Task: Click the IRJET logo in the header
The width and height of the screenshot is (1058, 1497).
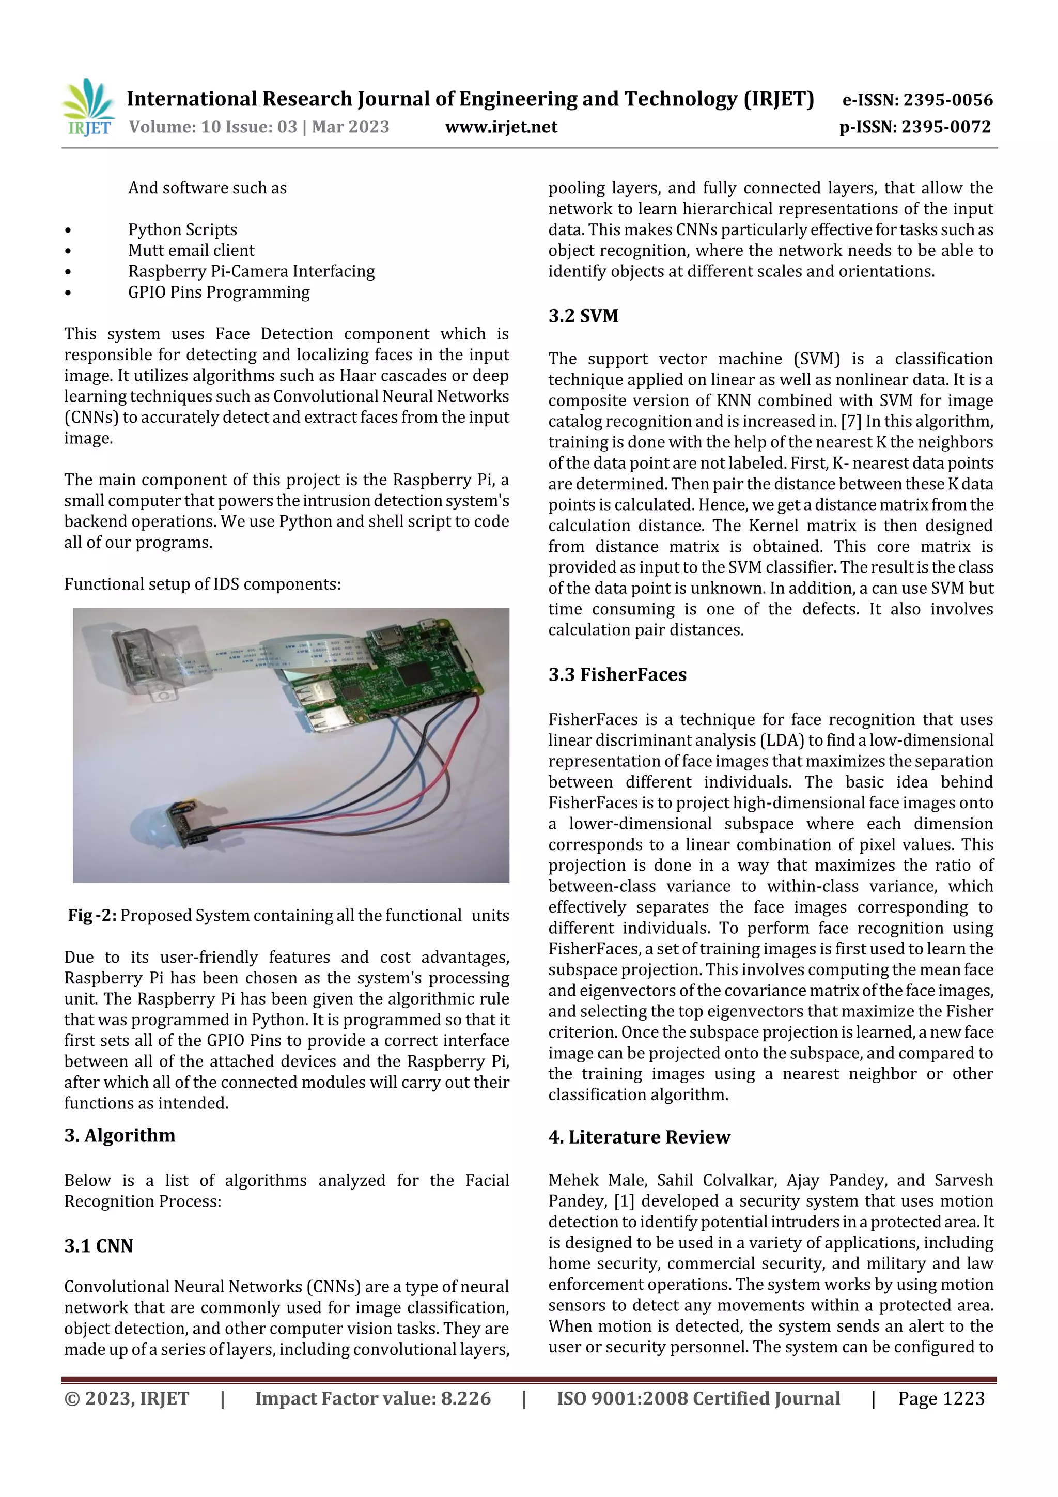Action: point(89,107)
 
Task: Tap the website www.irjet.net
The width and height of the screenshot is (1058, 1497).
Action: point(501,127)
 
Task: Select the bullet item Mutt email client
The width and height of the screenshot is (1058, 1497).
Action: point(191,251)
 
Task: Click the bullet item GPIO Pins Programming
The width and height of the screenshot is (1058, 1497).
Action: point(219,292)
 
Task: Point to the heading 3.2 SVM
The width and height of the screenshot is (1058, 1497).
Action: point(583,316)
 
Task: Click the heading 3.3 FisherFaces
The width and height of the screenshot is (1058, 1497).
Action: point(617,675)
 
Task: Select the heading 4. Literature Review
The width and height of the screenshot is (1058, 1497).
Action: point(639,1137)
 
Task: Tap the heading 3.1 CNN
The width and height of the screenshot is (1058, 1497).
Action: point(99,1246)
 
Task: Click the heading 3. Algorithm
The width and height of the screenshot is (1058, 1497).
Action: point(119,1136)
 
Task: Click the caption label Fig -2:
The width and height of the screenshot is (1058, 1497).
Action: point(92,916)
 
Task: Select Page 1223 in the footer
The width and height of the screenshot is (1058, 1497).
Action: point(941,1398)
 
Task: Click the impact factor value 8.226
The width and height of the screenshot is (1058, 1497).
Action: point(465,1398)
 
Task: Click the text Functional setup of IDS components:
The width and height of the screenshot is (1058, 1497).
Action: point(202,584)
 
